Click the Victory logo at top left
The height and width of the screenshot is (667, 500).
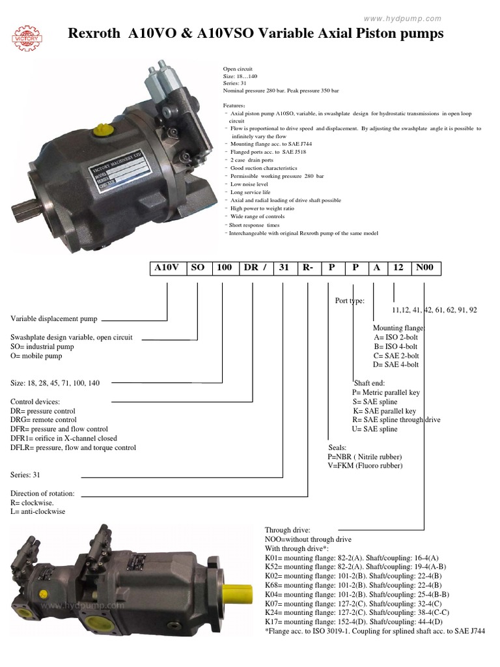pos(28,36)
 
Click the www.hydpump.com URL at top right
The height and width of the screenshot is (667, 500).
pos(402,19)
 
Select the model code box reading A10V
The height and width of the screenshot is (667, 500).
pos(167,267)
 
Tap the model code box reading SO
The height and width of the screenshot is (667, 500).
pos(198,267)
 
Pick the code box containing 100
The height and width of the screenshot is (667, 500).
pos(224,267)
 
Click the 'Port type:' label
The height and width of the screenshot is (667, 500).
pos(350,301)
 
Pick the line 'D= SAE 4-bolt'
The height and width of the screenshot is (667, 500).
pos(396,365)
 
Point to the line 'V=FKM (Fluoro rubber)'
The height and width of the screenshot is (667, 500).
pos(365,466)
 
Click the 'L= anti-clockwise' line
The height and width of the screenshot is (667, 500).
pos(38,511)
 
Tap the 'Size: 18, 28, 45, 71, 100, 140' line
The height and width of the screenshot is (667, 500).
pos(55,383)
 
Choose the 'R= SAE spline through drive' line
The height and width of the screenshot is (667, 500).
pos(396,420)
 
